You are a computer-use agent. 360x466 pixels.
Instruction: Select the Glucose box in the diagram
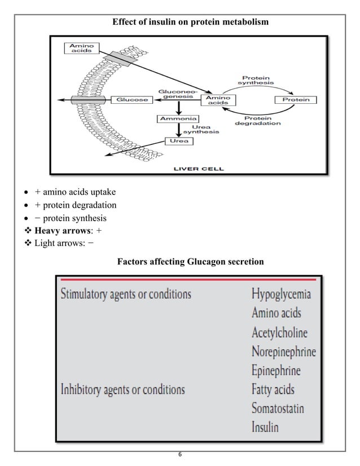tap(133, 100)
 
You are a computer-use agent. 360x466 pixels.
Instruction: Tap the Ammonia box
tap(178, 119)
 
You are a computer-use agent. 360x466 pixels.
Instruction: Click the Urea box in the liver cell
tap(176, 141)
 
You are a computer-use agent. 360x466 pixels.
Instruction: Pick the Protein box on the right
tap(296, 100)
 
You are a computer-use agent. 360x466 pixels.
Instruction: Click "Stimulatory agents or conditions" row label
tap(126, 294)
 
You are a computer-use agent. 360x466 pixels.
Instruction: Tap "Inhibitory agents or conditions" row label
tap(122, 389)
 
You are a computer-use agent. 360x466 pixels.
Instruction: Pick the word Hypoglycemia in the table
tap(281, 294)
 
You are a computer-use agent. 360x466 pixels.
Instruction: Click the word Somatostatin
tap(278, 407)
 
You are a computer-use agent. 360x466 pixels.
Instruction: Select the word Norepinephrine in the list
tap(284, 351)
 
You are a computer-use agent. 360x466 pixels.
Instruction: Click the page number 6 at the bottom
tap(179, 454)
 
